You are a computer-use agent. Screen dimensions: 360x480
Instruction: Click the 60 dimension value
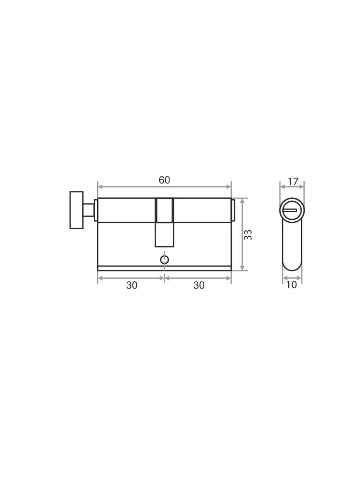[164, 180]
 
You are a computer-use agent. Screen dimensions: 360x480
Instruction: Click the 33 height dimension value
[248, 235]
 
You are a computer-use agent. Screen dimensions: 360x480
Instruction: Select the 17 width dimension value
[293, 181]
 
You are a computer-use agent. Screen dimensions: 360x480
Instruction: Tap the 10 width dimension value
[292, 285]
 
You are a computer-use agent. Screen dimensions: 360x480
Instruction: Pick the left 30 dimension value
[132, 285]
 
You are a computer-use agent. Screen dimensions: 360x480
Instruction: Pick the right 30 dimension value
[199, 285]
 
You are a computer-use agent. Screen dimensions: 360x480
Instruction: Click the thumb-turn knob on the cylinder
[76, 210]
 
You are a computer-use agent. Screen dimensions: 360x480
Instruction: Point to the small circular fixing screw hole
[164, 259]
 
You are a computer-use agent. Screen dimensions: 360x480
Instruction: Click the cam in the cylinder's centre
[164, 223]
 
